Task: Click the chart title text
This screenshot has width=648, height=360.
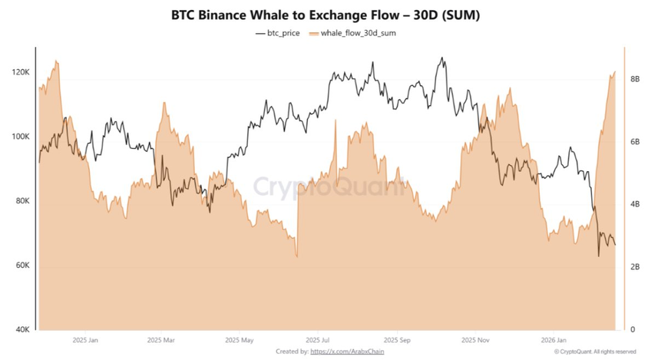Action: [x=323, y=15]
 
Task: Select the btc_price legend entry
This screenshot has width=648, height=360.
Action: [x=278, y=34]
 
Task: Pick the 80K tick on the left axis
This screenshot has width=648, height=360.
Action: [x=21, y=201]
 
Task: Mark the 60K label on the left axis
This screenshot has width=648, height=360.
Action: [x=21, y=266]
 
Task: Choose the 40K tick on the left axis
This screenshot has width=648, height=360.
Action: [x=21, y=330]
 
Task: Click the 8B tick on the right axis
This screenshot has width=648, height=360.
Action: [x=635, y=79]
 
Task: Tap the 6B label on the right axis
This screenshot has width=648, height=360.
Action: [x=635, y=142]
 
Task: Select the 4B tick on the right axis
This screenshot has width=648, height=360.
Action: [x=635, y=205]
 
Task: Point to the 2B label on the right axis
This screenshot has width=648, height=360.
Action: [x=635, y=267]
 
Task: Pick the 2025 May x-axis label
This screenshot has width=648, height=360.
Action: [x=240, y=339]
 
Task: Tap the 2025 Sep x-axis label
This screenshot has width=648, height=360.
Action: [x=397, y=339]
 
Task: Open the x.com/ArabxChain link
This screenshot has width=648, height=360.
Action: [x=347, y=352]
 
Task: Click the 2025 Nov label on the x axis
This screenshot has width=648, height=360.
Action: [x=475, y=339]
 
